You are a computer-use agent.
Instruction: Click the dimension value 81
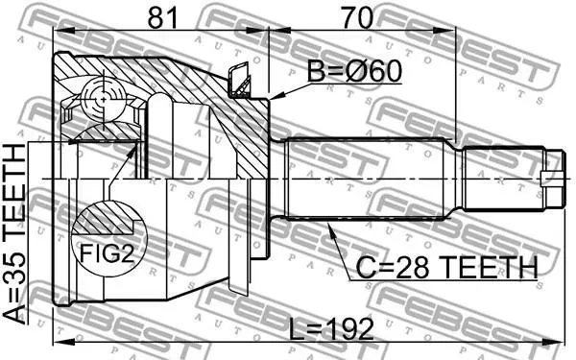[x=161, y=18]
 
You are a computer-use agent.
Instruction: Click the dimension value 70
[x=357, y=18]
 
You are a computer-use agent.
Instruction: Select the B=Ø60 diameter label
[x=354, y=71]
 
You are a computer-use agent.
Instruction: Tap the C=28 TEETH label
[x=447, y=268]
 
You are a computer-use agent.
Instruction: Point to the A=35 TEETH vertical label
[x=14, y=234]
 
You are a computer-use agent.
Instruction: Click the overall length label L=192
[x=331, y=328]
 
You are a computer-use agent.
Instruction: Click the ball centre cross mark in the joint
[x=104, y=99]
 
